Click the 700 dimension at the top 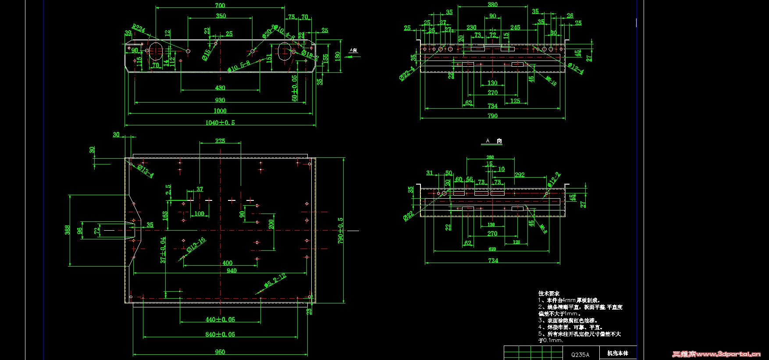click(x=220, y=5)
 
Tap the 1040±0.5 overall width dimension click(x=220, y=122)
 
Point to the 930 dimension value click(x=220, y=100)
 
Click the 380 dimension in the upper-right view click(x=492, y=4)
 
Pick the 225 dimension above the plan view click(x=220, y=141)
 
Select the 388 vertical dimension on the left click(x=68, y=230)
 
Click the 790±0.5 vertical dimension click(x=341, y=230)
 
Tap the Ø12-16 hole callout click(x=196, y=246)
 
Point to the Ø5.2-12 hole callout click(x=275, y=280)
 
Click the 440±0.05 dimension click(x=220, y=319)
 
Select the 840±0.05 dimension click(x=220, y=334)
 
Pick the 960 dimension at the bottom click(x=220, y=352)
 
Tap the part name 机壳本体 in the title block click(x=617, y=353)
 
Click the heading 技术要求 click(x=549, y=293)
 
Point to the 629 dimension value click(x=492, y=249)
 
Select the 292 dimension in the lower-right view click(x=520, y=175)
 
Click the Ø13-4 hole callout click(x=145, y=171)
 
